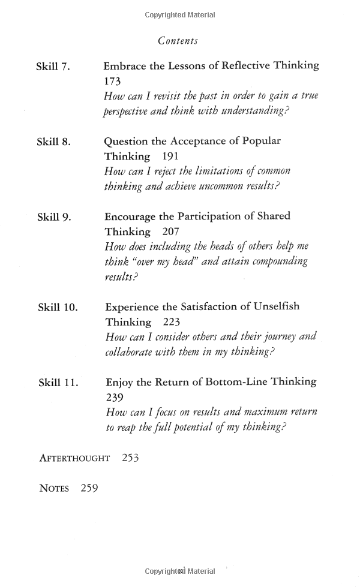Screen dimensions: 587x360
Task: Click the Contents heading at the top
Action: [x=178, y=41]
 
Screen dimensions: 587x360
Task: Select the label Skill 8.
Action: [x=53, y=142]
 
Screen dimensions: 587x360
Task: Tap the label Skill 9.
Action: [x=54, y=217]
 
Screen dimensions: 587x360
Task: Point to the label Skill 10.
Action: [x=58, y=308]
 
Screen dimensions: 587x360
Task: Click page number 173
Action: [x=112, y=82]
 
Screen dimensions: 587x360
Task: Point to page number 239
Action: [x=114, y=397]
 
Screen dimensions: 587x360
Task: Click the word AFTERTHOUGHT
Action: [x=74, y=459]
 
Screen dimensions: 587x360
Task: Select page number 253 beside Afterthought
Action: [x=130, y=458]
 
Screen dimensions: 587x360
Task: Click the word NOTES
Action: [x=55, y=489]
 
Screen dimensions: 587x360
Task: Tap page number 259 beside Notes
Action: [x=85, y=488]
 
